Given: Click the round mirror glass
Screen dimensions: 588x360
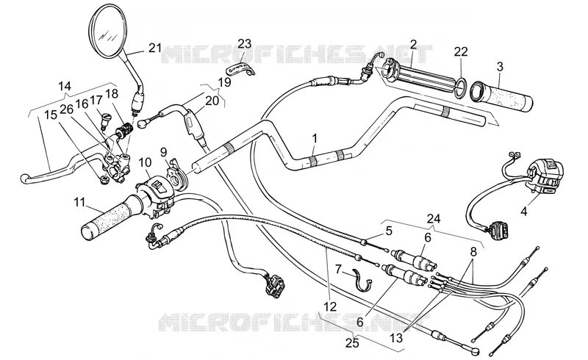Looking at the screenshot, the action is click(107, 31).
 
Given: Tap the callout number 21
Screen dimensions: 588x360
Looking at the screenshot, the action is click(155, 48).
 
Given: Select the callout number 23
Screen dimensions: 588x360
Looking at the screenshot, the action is click(244, 44).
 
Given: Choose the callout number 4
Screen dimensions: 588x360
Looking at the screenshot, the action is click(524, 212).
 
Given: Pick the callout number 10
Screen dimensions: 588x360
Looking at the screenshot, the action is click(145, 163).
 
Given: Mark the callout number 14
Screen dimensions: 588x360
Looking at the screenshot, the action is click(65, 86).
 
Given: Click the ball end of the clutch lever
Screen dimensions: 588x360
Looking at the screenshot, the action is click(25, 179).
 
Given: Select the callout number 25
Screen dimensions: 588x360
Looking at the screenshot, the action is click(352, 343).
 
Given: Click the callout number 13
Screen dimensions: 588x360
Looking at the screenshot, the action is click(395, 337).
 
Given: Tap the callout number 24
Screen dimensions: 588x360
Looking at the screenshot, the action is click(433, 218).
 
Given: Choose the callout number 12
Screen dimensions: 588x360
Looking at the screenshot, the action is click(330, 306).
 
